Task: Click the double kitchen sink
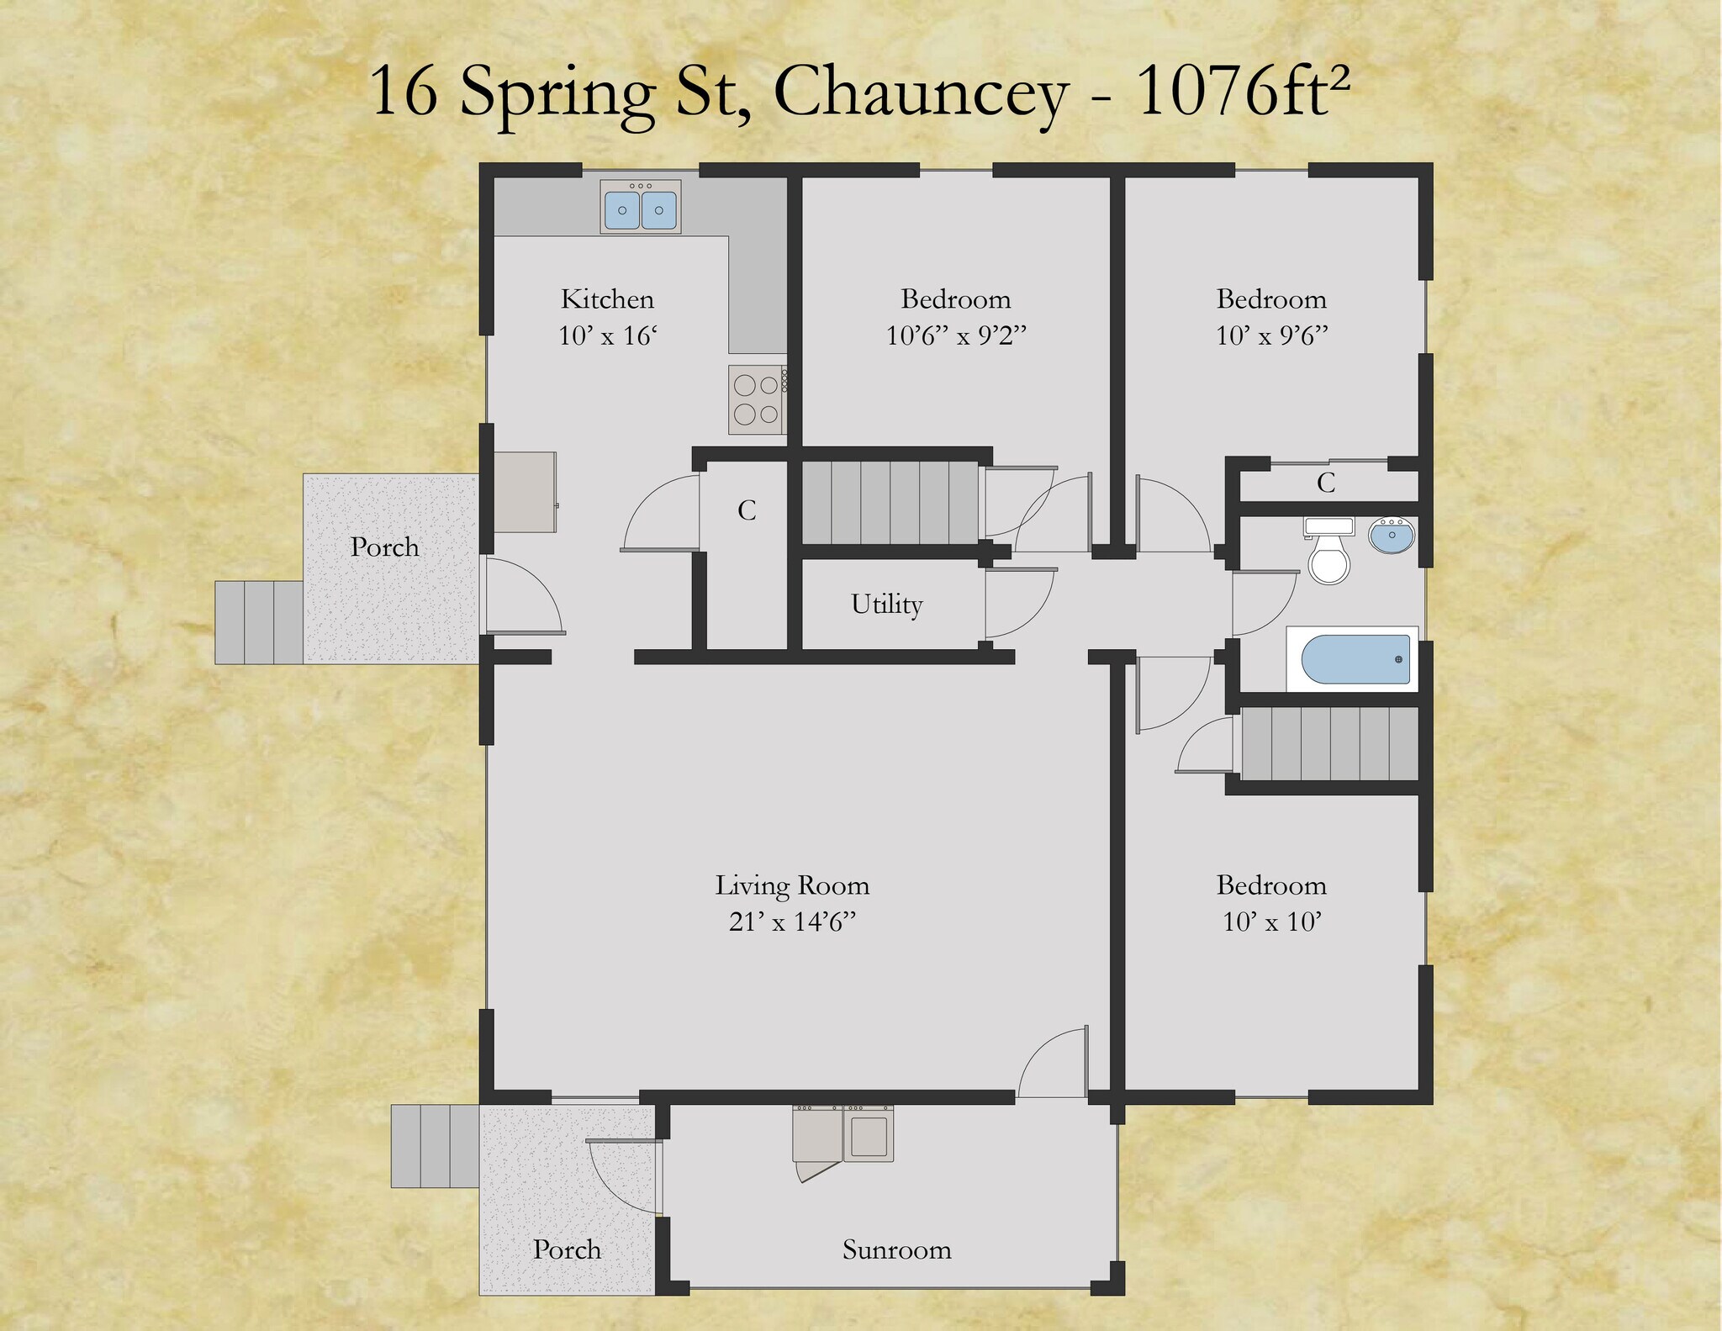point(640,206)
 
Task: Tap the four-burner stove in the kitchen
point(757,399)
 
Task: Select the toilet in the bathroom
point(1328,551)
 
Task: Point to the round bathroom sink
point(1392,536)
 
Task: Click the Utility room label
point(886,605)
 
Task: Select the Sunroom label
point(896,1249)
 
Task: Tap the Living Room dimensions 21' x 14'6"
point(792,922)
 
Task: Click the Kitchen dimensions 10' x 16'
point(607,336)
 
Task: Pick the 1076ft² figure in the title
point(1243,91)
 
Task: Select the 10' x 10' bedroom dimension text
point(1271,922)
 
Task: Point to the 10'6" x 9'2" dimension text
point(956,336)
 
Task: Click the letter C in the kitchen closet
point(747,510)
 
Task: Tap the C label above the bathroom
point(1326,483)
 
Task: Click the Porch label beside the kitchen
point(384,547)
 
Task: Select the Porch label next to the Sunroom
point(567,1249)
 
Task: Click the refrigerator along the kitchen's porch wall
point(525,493)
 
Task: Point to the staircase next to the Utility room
point(890,503)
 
